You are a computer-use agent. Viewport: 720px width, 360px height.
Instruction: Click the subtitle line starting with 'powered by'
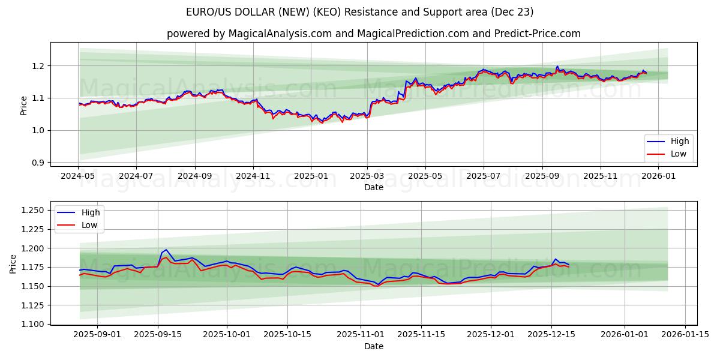373,34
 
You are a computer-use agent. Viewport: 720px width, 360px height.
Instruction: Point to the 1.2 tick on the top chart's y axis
39,65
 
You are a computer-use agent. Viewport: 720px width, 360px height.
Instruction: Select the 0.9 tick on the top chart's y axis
39,163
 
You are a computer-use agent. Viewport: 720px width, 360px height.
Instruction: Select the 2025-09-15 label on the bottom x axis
158,335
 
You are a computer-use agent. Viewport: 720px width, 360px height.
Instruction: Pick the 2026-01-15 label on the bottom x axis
685,335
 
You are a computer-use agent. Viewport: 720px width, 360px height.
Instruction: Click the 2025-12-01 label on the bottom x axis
491,335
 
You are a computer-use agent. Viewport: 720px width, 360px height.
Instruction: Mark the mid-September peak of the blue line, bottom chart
166,250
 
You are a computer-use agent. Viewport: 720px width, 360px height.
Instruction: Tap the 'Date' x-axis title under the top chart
373,187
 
